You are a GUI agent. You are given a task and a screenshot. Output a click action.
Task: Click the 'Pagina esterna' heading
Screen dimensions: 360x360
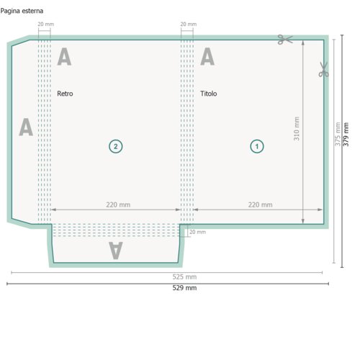click(x=22, y=11)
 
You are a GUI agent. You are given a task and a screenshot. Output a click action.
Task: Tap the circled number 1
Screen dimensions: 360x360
click(x=257, y=146)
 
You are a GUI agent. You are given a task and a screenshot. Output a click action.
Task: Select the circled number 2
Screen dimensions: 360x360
click(x=116, y=146)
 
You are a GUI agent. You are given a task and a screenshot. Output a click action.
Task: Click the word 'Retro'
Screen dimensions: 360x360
click(x=65, y=94)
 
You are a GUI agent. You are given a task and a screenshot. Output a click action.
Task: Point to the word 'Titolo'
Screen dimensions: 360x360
click(x=208, y=94)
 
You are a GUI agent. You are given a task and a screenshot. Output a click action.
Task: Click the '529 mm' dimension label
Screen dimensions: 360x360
click(x=184, y=288)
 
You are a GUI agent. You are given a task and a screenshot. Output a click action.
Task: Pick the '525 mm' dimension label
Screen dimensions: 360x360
click(x=184, y=276)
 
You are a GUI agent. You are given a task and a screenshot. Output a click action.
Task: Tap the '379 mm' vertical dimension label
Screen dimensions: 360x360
click(x=346, y=135)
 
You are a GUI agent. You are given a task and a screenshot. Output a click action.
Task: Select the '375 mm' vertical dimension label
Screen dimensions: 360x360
click(x=338, y=134)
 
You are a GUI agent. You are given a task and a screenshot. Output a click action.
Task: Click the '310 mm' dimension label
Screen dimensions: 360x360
click(x=297, y=129)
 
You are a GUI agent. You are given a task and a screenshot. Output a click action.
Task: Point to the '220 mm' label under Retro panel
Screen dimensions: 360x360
click(x=118, y=204)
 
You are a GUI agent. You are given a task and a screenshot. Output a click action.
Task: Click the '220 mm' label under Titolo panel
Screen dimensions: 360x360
click(x=260, y=204)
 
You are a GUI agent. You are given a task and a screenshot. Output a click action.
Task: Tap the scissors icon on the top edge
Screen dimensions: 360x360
click(x=285, y=40)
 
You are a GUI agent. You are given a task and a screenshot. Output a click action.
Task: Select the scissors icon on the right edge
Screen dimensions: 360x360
click(x=323, y=69)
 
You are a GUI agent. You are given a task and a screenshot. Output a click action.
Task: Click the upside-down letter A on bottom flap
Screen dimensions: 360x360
click(x=116, y=251)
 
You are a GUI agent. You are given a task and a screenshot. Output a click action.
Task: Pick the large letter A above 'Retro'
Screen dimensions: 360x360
click(x=64, y=56)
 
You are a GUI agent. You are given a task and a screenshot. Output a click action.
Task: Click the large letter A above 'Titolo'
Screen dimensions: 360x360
click(x=207, y=56)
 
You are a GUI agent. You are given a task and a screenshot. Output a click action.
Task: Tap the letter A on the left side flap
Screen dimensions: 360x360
click(x=26, y=127)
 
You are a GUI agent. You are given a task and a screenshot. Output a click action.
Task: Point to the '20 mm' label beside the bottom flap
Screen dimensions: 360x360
click(x=197, y=232)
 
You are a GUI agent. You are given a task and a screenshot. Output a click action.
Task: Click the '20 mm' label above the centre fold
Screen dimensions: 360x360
click(x=189, y=24)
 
